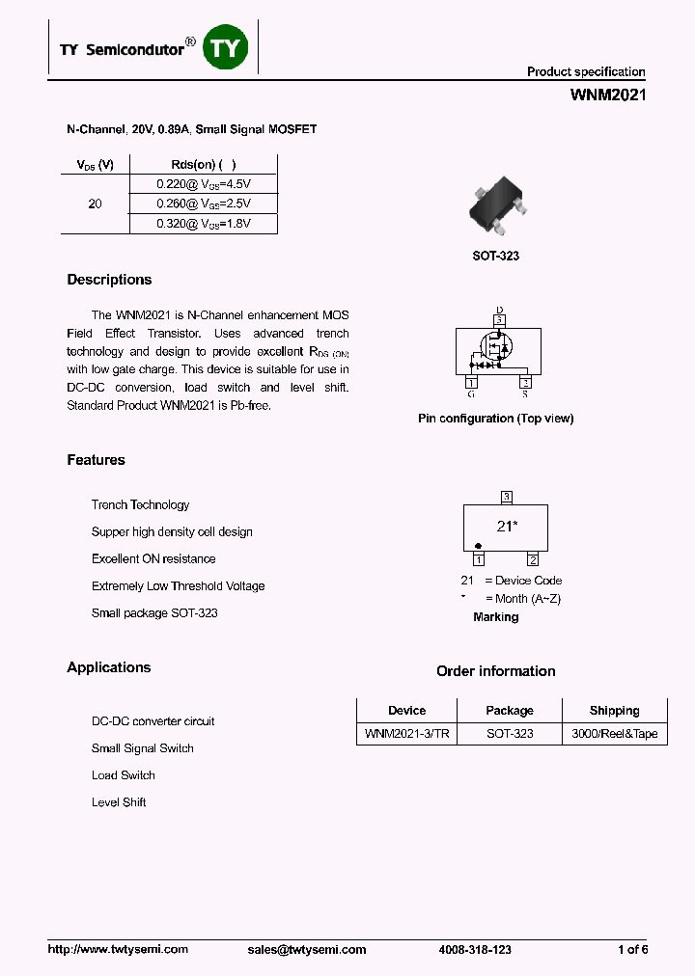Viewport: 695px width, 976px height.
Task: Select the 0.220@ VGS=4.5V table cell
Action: (203, 183)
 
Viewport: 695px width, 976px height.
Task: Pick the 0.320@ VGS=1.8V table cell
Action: (203, 224)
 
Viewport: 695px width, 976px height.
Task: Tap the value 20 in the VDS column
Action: (95, 204)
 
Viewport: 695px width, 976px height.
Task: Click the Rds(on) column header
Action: (203, 165)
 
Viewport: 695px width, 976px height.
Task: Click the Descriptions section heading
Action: (109, 280)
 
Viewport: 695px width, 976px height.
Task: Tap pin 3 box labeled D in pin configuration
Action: (499, 319)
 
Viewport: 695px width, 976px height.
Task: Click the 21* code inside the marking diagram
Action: (507, 526)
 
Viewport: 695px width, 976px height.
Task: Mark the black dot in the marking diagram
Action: (478, 546)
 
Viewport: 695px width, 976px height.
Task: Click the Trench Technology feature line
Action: (140, 505)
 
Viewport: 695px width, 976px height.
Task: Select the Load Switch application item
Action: (124, 775)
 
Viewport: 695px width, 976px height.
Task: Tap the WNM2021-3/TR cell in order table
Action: (406, 734)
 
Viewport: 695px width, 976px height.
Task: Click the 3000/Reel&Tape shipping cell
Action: (614, 734)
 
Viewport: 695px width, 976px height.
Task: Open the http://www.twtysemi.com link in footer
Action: (118, 950)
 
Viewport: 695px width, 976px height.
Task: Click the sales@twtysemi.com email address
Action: (307, 950)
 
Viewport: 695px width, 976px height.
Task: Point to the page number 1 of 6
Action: (632, 950)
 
